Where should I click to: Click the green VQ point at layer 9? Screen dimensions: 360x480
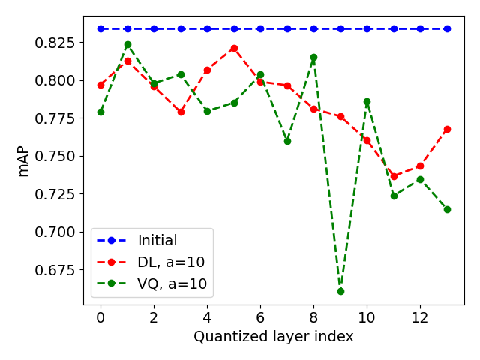click(x=340, y=291)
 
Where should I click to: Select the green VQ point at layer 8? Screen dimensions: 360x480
click(x=313, y=57)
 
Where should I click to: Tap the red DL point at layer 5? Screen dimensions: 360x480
click(x=234, y=48)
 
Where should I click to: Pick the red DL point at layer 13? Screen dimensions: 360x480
click(x=447, y=129)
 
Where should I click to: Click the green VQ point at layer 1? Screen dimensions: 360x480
click(x=127, y=44)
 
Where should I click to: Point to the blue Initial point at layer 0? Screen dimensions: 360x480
click(x=100, y=28)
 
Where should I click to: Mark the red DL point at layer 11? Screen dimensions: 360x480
click(x=394, y=176)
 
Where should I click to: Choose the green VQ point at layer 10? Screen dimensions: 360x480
click(x=367, y=101)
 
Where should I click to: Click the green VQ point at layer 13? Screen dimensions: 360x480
click(x=447, y=209)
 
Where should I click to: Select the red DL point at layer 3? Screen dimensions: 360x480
click(x=181, y=112)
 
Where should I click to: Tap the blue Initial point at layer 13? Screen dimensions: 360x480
click(x=447, y=28)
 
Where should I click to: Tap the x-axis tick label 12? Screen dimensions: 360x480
click(x=420, y=317)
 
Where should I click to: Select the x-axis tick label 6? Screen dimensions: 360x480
click(x=260, y=317)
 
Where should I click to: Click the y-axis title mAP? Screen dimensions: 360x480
click(x=23, y=162)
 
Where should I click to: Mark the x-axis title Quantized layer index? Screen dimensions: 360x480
click(x=273, y=337)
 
